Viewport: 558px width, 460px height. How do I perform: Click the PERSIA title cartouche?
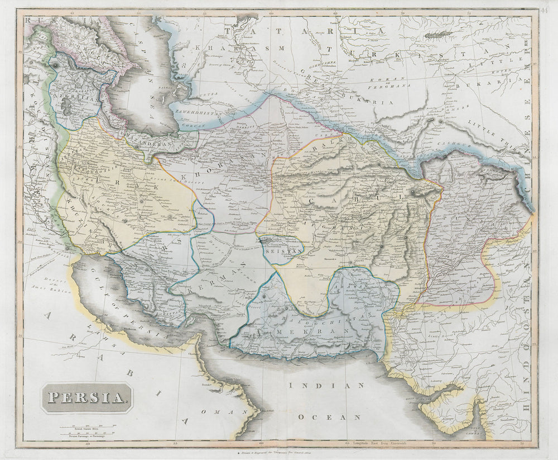[86, 397]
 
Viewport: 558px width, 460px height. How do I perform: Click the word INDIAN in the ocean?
[326, 386]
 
